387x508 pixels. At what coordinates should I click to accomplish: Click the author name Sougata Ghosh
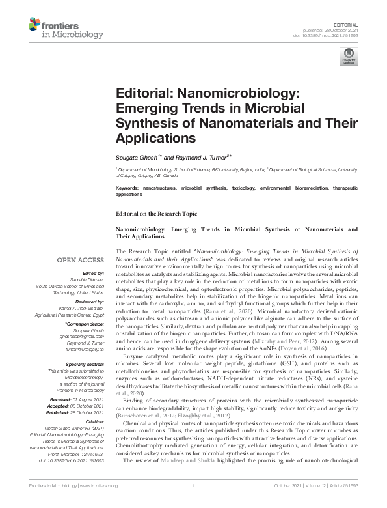coord(136,158)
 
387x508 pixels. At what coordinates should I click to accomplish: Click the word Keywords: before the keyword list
coord(129,188)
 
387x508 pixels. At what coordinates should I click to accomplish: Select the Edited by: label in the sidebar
coord(91,274)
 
